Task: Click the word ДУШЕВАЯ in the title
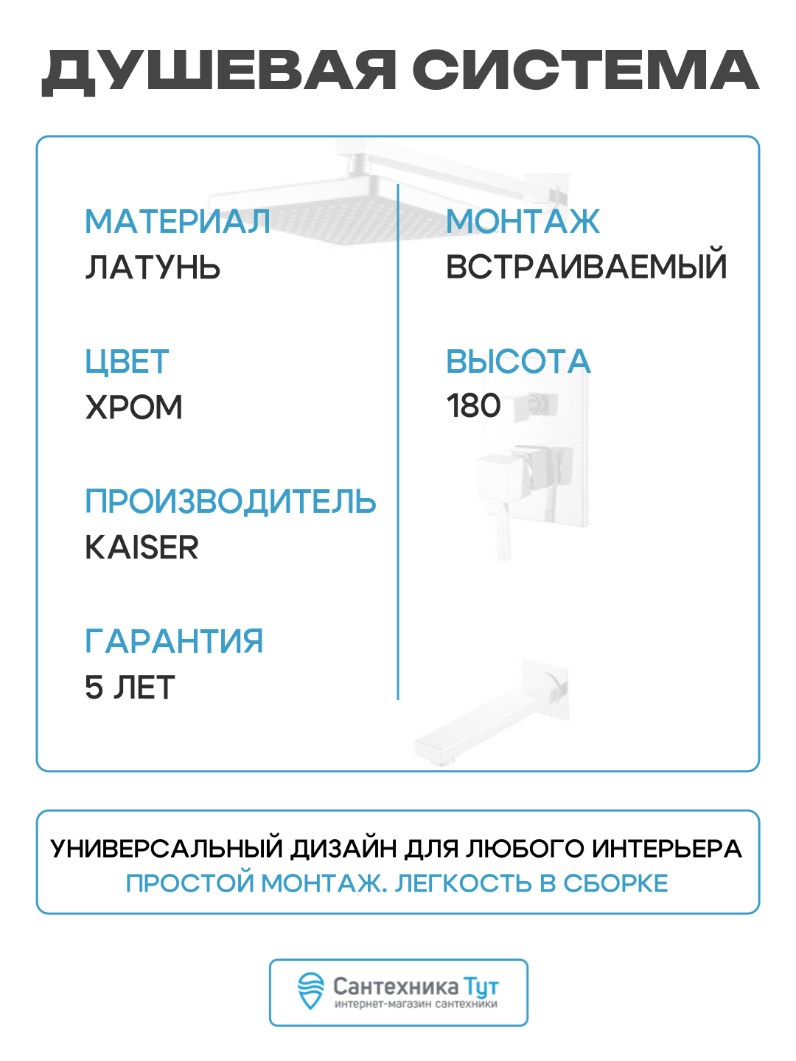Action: click(219, 72)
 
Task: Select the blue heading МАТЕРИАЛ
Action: click(178, 222)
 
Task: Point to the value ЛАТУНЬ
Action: click(153, 267)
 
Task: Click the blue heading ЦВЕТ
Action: click(127, 362)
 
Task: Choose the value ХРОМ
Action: click(133, 407)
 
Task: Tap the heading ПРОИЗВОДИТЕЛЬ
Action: click(230, 502)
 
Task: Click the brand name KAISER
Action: click(142, 547)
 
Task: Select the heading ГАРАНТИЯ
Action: click(174, 641)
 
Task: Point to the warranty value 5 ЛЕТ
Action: click(130, 687)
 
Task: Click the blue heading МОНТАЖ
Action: click(523, 222)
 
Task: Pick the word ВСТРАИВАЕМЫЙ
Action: click(586, 267)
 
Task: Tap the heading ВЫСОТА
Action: click(518, 362)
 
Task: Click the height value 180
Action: click(473, 406)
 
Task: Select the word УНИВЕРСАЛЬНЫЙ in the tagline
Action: click(167, 849)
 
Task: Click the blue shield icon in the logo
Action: click(310, 991)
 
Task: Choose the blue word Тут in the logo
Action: click(481, 987)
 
